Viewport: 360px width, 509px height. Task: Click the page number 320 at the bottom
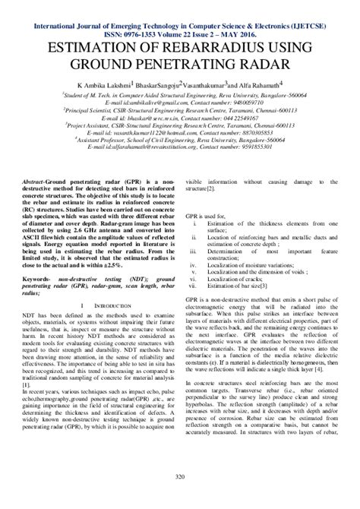[x=179, y=476]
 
